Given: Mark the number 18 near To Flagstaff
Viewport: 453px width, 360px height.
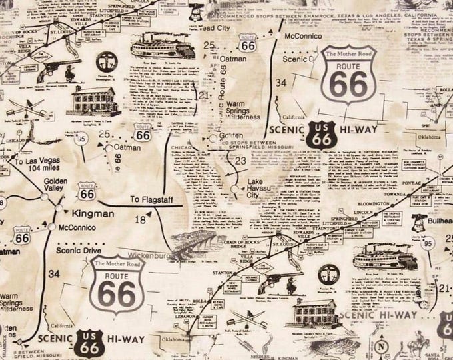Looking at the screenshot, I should (x=139, y=219).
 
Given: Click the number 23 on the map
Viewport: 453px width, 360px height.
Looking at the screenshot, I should (x=239, y=161).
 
